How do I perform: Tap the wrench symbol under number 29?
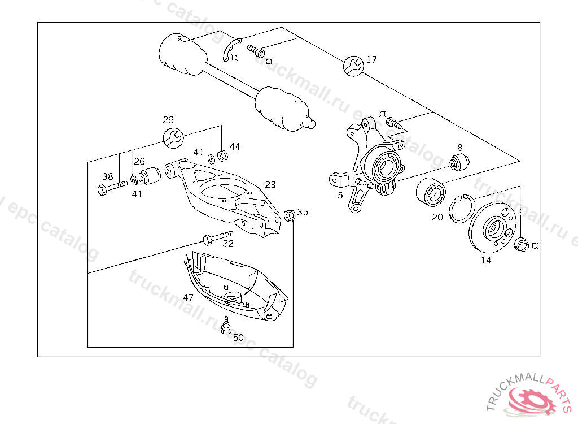pyautogui.click(x=172, y=137)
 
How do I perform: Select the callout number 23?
pyautogui.click(x=270, y=184)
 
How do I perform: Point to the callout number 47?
pyautogui.click(x=188, y=297)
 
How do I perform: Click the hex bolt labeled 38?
pyautogui.click(x=112, y=188)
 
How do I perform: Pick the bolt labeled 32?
pyautogui.click(x=217, y=237)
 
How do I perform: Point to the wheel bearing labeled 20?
pyautogui.click(x=432, y=192)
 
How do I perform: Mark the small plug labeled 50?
pyautogui.click(x=226, y=327)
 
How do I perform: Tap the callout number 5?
pyautogui.click(x=340, y=195)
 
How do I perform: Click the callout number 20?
pyautogui.click(x=437, y=217)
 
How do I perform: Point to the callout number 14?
pyautogui.click(x=486, y=260)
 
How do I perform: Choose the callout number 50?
pyautogui.click(x=239, y=338)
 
